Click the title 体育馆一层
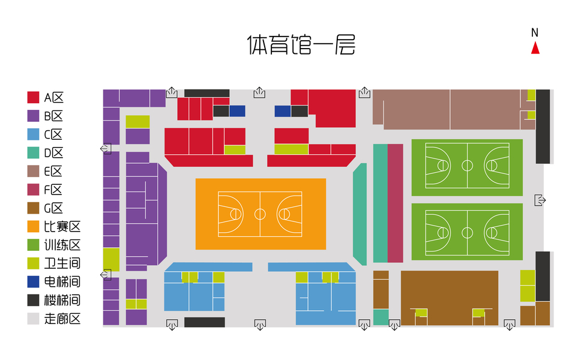coord(301,45)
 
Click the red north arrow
coord(535,48)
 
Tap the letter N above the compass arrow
coord(535,32)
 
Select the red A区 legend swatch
coord(34,97)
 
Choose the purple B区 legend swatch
coord(34,116)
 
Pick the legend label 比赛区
coord(62,227)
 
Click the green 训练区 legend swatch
coord(34,245)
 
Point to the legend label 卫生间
coord(62,263)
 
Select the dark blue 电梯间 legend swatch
coord(34,282)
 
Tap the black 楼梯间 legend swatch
coord(34,301)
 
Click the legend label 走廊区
coord(62,319)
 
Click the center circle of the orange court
coord(260,214)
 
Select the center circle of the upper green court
coord(467,164)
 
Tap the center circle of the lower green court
coord(467,232)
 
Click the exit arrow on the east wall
coord(539,200)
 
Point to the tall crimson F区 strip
coord(395,203)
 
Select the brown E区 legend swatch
coord(34,171)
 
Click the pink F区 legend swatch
coord(34,190)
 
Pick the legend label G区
coord(53,208)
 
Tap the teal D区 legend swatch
coord(34,152)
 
